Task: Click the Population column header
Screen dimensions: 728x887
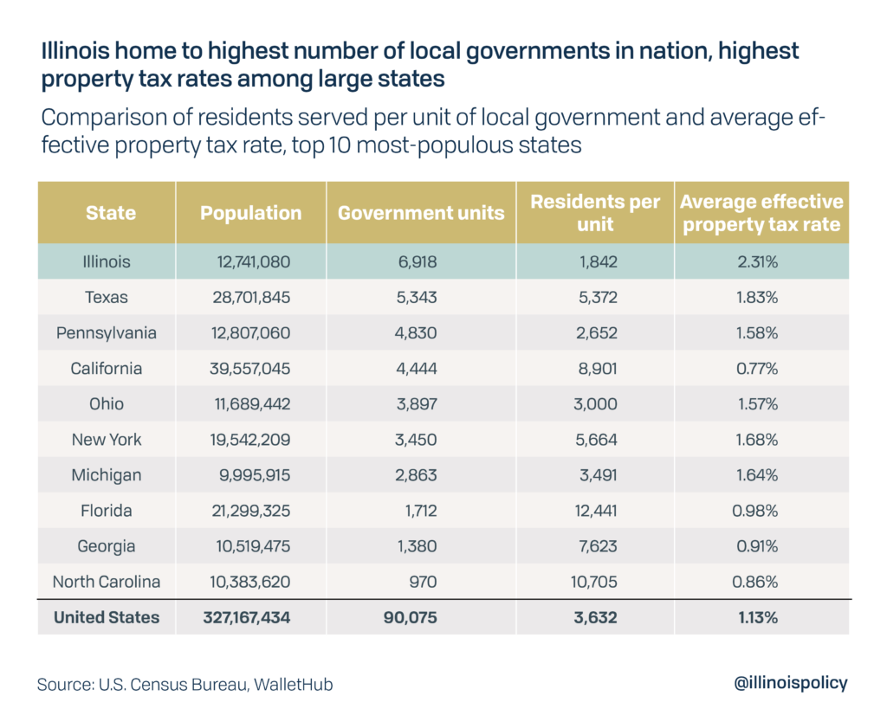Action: [x=251, y=213]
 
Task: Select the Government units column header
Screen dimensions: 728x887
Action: [x=421, y=213]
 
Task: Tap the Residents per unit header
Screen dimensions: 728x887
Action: [x=595, y=213]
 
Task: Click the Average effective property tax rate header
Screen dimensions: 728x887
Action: [x=761, y=213]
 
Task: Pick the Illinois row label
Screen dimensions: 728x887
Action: [x=107, y=261]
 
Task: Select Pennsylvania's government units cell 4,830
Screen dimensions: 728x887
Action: [x=419, y=332]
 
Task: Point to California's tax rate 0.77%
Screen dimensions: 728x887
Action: [x=755, y=368]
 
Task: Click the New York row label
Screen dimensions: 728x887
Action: [x=107, y=440]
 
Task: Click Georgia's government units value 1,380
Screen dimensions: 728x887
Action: [x=418, y=546]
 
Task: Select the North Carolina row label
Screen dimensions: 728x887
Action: [x=107, y=582]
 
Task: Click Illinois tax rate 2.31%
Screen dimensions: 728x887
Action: [x=755, y=261]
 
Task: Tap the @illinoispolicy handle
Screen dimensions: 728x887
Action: [x=790, y=683]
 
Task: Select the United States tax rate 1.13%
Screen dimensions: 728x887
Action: [x=755, y=618]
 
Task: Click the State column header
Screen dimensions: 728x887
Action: [x=110, y=213]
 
